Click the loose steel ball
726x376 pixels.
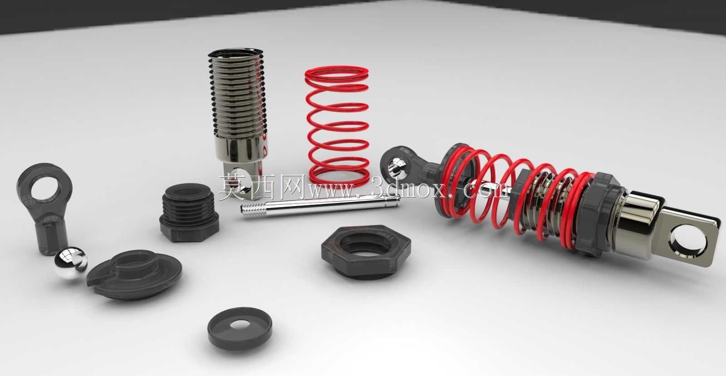(x=70, y=262)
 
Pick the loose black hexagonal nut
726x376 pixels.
(x=366, y=252)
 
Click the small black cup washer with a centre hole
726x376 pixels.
(x=240, y=329)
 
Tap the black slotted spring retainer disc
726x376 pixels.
(x=134, y=274)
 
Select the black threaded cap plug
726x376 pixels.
(x=189, y=213)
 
